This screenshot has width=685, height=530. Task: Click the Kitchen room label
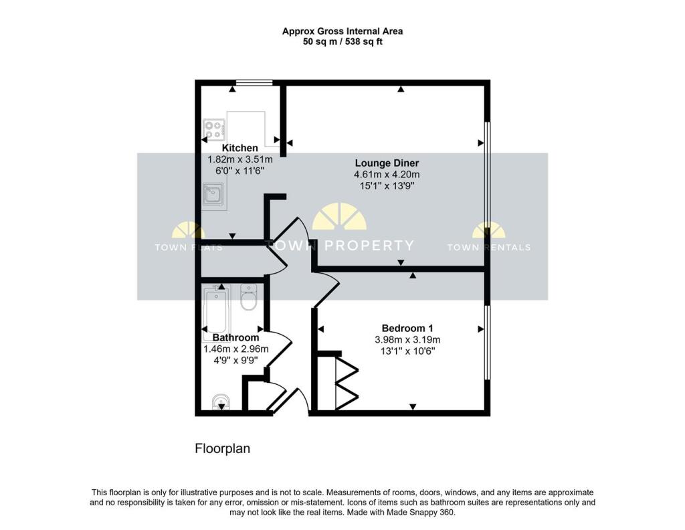(239, 148)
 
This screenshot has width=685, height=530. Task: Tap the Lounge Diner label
(387, 163)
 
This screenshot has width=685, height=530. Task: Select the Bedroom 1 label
(407, 328)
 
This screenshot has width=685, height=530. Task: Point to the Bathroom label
(235, 337)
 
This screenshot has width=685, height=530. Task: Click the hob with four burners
(215, 128)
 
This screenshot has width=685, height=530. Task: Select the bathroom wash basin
(221, 402)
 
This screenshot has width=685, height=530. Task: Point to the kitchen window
(255, 82)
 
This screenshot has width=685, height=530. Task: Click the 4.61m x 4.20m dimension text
(387, 175)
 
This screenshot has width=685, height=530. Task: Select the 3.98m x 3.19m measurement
(407, 339)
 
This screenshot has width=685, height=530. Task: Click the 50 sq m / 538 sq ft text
(342, 41)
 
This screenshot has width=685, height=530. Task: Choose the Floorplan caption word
(222, 448)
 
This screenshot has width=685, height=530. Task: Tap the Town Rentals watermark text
(488, 247)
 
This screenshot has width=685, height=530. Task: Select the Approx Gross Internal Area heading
(342, 31)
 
